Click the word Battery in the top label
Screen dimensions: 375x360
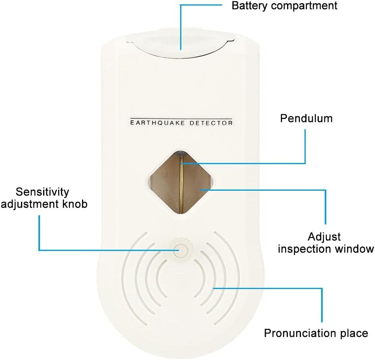(x=250, y=6)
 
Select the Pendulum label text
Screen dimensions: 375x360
(x=306, y=118)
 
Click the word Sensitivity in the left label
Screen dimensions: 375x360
(x=42, y=192)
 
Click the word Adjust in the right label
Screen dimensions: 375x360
(x=324, y=237)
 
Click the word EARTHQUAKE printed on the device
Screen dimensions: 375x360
(x=158, y=123)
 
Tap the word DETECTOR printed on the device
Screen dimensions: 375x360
(x=211, y=123)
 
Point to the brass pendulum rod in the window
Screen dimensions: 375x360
(x=181, y=184)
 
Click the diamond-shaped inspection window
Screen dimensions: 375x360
(x=181, y=182)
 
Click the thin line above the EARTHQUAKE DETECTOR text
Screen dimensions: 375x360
(x=181, y=118)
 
